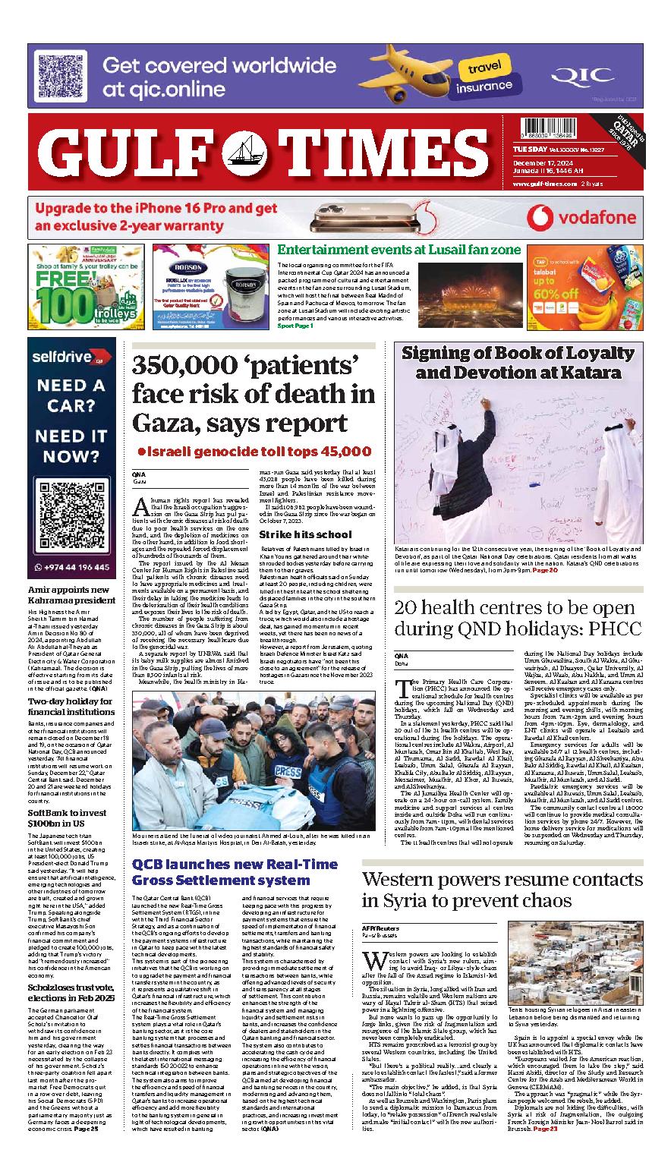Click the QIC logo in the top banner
pyautogui.click(x=581, y=75)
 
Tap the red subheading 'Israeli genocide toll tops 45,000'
pyautogui.click(x=254, y=451)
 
